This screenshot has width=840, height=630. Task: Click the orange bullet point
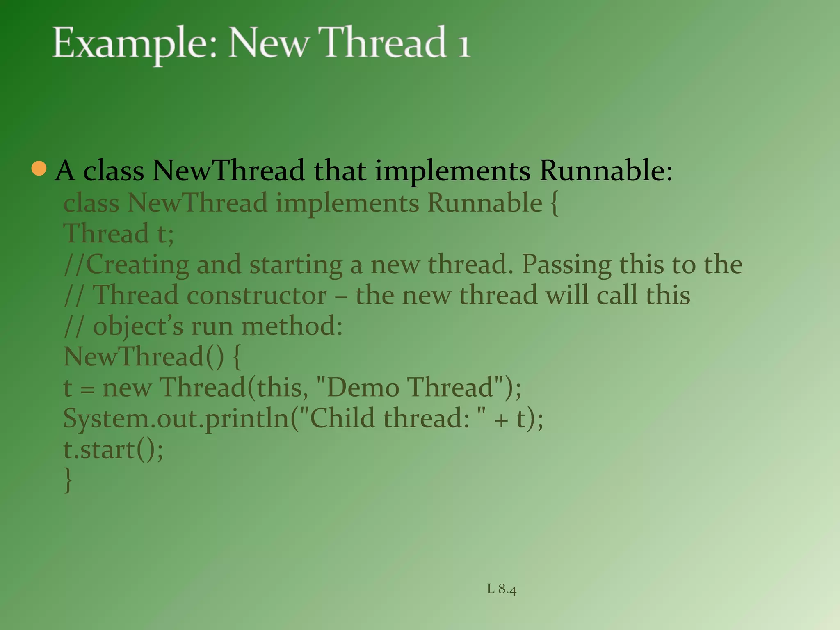tap(39, 168)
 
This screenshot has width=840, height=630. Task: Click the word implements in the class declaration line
tap(347, 203)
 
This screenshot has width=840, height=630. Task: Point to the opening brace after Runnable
tap(554, 203)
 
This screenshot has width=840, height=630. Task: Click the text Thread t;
tap(119, 234)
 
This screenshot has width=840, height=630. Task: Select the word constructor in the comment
tap(257, 295)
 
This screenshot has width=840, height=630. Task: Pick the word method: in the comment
tap(292, 326)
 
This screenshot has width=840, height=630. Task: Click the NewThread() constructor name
tap(144, 356)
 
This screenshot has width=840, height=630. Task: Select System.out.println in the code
tap(176, 419)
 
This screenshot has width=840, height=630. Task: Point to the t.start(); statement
tap(113, 450)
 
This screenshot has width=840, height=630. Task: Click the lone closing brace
tap(68, 480)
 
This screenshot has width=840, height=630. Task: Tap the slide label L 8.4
tap(502, 589)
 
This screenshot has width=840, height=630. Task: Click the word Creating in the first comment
tap(138, 265)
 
